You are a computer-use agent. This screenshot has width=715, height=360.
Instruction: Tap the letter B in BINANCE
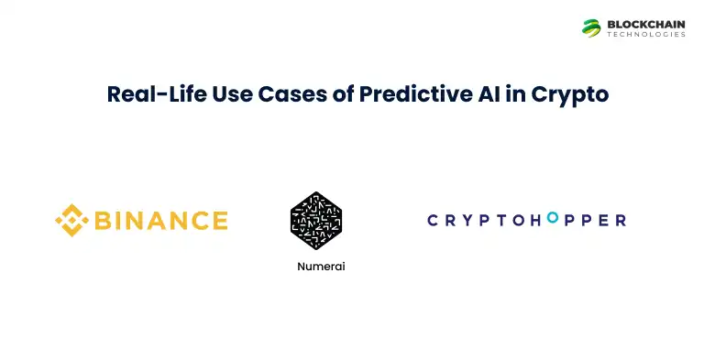click(x=103, y=221)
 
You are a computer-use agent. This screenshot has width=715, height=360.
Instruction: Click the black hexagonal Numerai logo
click(x=315, y=222)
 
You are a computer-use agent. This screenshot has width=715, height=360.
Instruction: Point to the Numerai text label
click(x=315, y=267)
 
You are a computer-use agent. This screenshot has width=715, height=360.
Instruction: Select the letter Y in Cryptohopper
click(x=475, y=220)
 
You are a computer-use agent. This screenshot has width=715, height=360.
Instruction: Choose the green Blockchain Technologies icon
click(x=591, y=27)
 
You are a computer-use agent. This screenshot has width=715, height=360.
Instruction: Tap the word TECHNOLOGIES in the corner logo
click(x=645, y=35)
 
